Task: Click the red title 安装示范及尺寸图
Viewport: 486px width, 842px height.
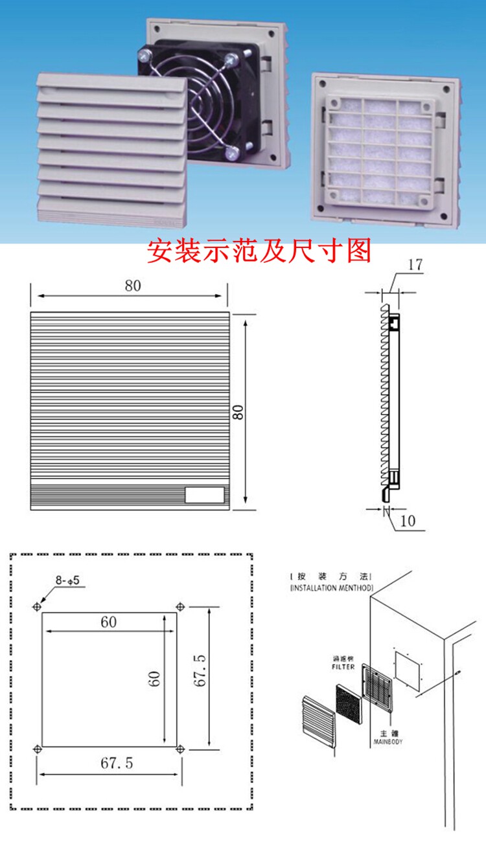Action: (259, 251)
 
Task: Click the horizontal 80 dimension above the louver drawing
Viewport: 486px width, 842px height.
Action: (133, 286)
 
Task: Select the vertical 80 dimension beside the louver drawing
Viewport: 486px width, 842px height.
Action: (238, 412)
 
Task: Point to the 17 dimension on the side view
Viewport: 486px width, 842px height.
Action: (415, 265)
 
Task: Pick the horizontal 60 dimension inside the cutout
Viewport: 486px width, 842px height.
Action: (109, 622)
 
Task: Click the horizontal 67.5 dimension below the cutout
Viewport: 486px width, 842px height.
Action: (117, 764)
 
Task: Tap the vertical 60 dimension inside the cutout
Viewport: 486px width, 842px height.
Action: (154, 679)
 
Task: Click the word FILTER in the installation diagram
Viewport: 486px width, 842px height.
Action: (343, 667)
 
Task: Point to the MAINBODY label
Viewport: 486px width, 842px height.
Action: (388, 742)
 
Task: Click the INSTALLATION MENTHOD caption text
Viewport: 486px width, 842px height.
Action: (331, 588)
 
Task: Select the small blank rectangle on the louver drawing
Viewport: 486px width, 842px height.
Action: (204, 495)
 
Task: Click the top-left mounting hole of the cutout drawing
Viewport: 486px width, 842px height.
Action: (36, 607)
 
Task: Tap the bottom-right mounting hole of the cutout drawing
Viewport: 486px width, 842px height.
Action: (181, 749)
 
